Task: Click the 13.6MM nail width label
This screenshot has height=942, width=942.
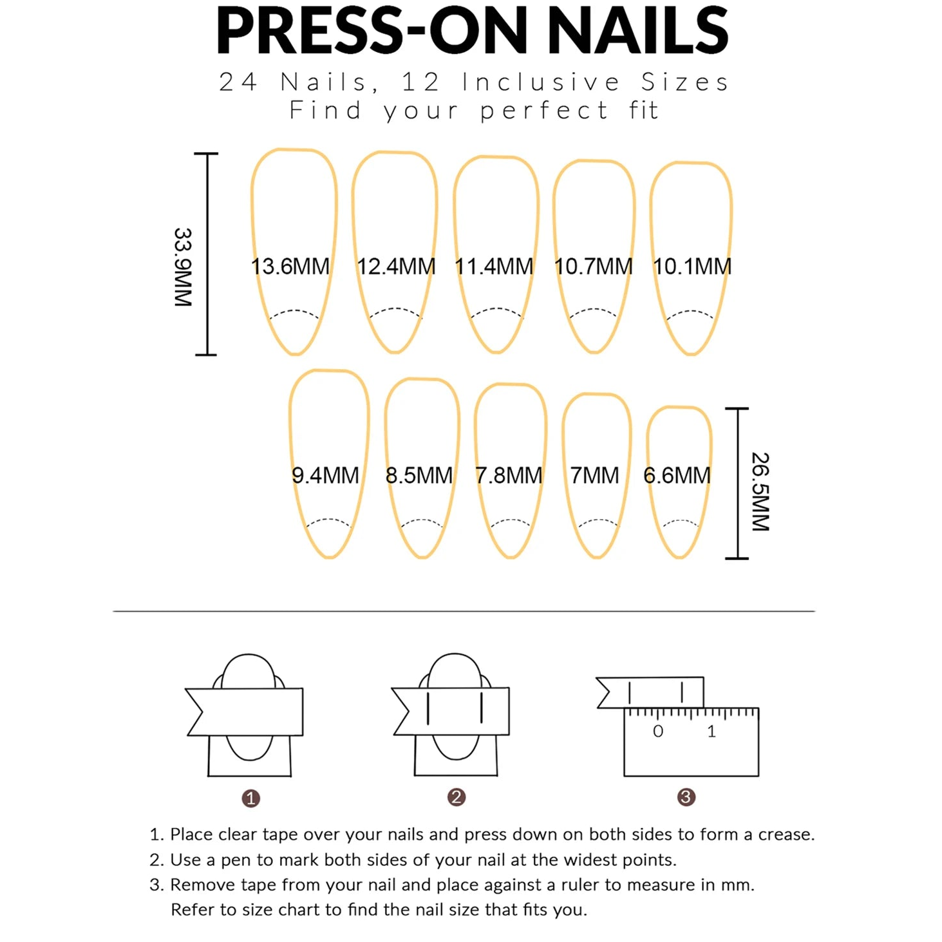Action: tap(290, 266)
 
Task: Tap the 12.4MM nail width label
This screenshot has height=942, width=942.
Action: tap(396, 266)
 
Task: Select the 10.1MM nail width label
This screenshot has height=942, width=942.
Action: tap(692, 266)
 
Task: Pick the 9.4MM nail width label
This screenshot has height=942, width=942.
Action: tap(325, 475)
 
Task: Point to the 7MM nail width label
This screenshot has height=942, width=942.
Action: tap(594, 475)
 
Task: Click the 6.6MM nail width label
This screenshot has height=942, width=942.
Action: tap(677, 475)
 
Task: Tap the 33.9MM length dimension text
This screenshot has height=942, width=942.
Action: tap(183, 267)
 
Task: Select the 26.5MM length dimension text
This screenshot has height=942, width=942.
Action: tap(760, 491)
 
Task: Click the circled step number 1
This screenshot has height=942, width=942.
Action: tap(250, 798)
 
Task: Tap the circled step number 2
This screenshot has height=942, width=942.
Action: tap(456, 797)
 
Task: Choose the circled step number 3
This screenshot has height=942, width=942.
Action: tap(686, 797)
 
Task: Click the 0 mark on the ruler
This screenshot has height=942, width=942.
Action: tap(657, 731)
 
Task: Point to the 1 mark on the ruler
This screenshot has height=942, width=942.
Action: tap(711, 731)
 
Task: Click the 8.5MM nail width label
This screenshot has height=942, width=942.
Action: tap(419, 475)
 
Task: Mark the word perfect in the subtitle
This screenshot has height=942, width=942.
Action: tap(544, 110)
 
